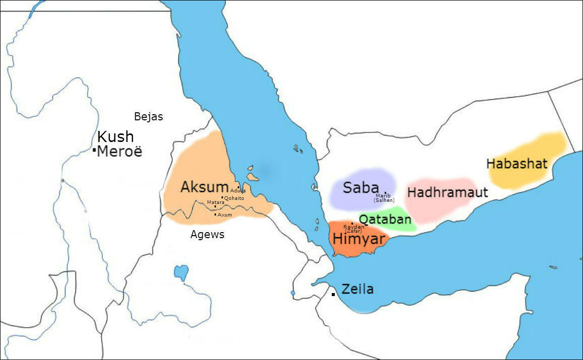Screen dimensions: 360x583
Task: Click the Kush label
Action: pyautogui.click(x=115, y=136)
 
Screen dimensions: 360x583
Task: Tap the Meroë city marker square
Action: pyautogui.click(x=94, y=150)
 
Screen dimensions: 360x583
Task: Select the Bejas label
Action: pyautogui.click(x=149, y=117)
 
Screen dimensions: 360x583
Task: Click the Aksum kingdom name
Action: pyautogui.click(x=204, y=187)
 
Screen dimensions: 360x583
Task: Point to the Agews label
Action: pyautogui.click(x=207, y=234)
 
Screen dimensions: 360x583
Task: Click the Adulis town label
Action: pyautogui.click(x=238, y=190)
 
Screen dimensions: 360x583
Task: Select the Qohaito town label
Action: pyautogui.click(x=234, y=198)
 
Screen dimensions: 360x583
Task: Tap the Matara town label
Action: pyautogui.click(x=215, y=202)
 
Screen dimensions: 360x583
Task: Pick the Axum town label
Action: pyautogui.click(x=225, y=214)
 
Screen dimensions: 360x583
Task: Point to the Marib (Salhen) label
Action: pyautogui.click(x=384, y=198)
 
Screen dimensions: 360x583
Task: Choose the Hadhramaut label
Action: pyautogui.click(x=448, y=192)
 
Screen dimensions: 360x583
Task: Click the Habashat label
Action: pyautogui.click(x=517, y=164)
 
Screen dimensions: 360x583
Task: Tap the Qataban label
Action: pyautogui.click(x=385, y=220)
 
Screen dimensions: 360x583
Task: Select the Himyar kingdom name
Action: pyautogui.click(x=358, y=239)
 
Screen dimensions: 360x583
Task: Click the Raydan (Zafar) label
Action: pyautogui.click(x=353, y=229)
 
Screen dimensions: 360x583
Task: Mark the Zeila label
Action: pyautogui.click(x=357, y=289)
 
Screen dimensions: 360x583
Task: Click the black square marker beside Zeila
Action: pyautogui.click(x=333, y=294)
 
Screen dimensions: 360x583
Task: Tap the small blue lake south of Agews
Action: pyautogui.click(x=181, y=272)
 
